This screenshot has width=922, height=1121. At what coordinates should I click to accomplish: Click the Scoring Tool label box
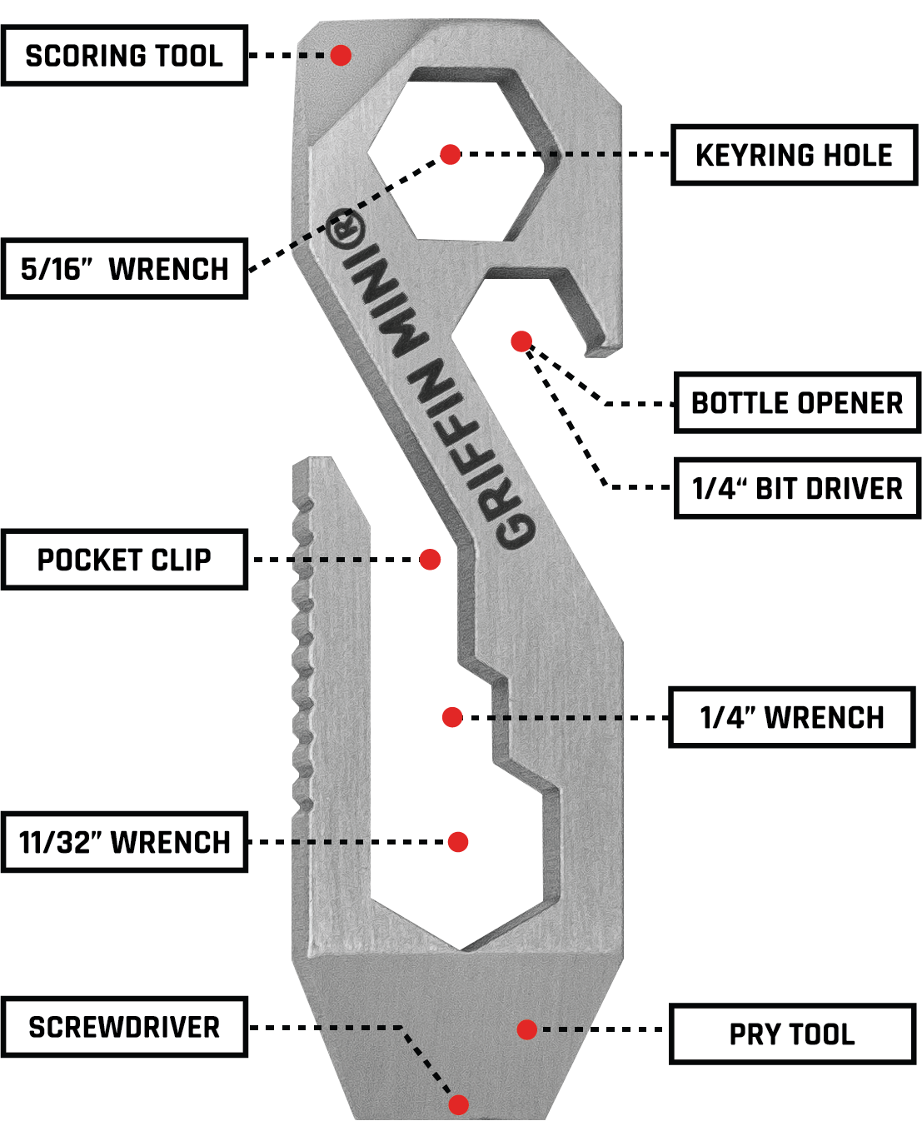(124, 56)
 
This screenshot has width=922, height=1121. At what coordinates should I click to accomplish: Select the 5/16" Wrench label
(124, 269)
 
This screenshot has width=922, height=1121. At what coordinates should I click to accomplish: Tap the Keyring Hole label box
(794, 155)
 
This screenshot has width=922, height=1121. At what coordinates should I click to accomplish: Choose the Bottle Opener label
(797, 403)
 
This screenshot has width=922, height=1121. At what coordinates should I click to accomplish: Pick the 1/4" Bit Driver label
(797, 488)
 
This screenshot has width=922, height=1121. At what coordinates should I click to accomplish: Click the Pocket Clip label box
(124, 560)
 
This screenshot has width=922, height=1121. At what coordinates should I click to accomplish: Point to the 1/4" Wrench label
(792, 717)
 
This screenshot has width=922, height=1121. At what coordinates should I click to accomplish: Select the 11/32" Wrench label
(124, 842)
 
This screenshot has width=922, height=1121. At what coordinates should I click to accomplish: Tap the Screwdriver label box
(124, 1027)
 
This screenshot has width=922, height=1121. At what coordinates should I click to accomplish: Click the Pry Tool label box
(792, 1034)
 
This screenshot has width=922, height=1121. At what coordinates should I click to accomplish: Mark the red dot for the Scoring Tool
(341, 55)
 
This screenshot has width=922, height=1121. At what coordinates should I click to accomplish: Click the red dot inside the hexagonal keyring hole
(451, 154)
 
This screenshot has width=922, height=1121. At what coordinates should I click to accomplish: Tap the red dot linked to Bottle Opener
(521, 341)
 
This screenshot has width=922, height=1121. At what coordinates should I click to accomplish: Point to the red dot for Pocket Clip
(430, 560)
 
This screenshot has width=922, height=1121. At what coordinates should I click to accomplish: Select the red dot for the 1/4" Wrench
(452, 717)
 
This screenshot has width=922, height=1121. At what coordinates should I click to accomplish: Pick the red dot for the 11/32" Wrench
(458, 842)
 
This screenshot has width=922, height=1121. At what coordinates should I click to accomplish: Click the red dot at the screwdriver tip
(458, 1104)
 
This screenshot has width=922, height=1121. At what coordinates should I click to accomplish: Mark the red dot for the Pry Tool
(526, 1029)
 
